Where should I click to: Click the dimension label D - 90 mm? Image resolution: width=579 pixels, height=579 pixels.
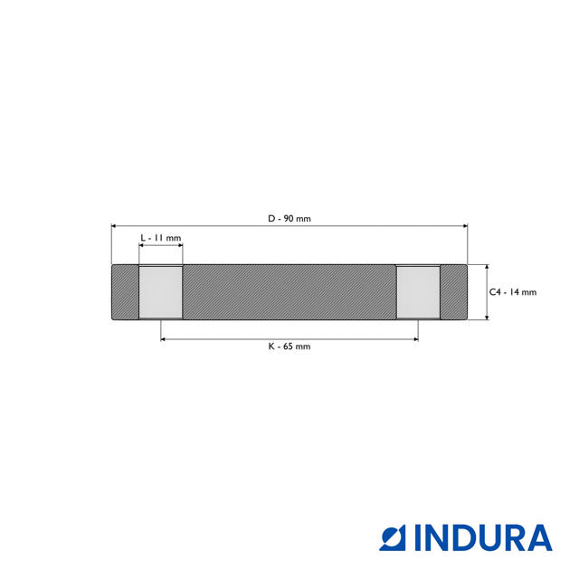click(289, 219)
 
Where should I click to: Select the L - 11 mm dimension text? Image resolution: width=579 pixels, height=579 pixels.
click(161, 237)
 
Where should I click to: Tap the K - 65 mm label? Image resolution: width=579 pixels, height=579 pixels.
click(289, 346)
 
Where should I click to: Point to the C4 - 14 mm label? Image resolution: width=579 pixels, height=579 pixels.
click(513, 292)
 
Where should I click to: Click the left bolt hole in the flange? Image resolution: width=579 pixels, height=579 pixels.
click(160, 291)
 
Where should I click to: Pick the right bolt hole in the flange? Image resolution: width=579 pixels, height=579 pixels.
click(418, 291)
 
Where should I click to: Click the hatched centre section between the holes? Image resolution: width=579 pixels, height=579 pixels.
click(289, 291)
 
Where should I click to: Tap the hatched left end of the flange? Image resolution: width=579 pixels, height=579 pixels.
click(125, 291)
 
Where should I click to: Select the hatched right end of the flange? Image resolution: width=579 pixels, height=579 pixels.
click(453, 291)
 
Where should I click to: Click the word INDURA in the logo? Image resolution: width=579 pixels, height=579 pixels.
click(483, 537)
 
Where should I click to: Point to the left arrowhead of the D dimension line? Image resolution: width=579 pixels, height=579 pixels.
click(114, 226)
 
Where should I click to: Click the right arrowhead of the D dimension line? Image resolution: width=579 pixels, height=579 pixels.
click(465, 226)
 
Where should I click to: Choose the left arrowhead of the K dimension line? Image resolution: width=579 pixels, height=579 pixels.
click(164, 339)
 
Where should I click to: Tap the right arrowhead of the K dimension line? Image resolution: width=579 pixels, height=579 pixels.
click(415, 339)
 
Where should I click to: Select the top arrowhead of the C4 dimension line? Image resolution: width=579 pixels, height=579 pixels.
click(487, 267)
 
